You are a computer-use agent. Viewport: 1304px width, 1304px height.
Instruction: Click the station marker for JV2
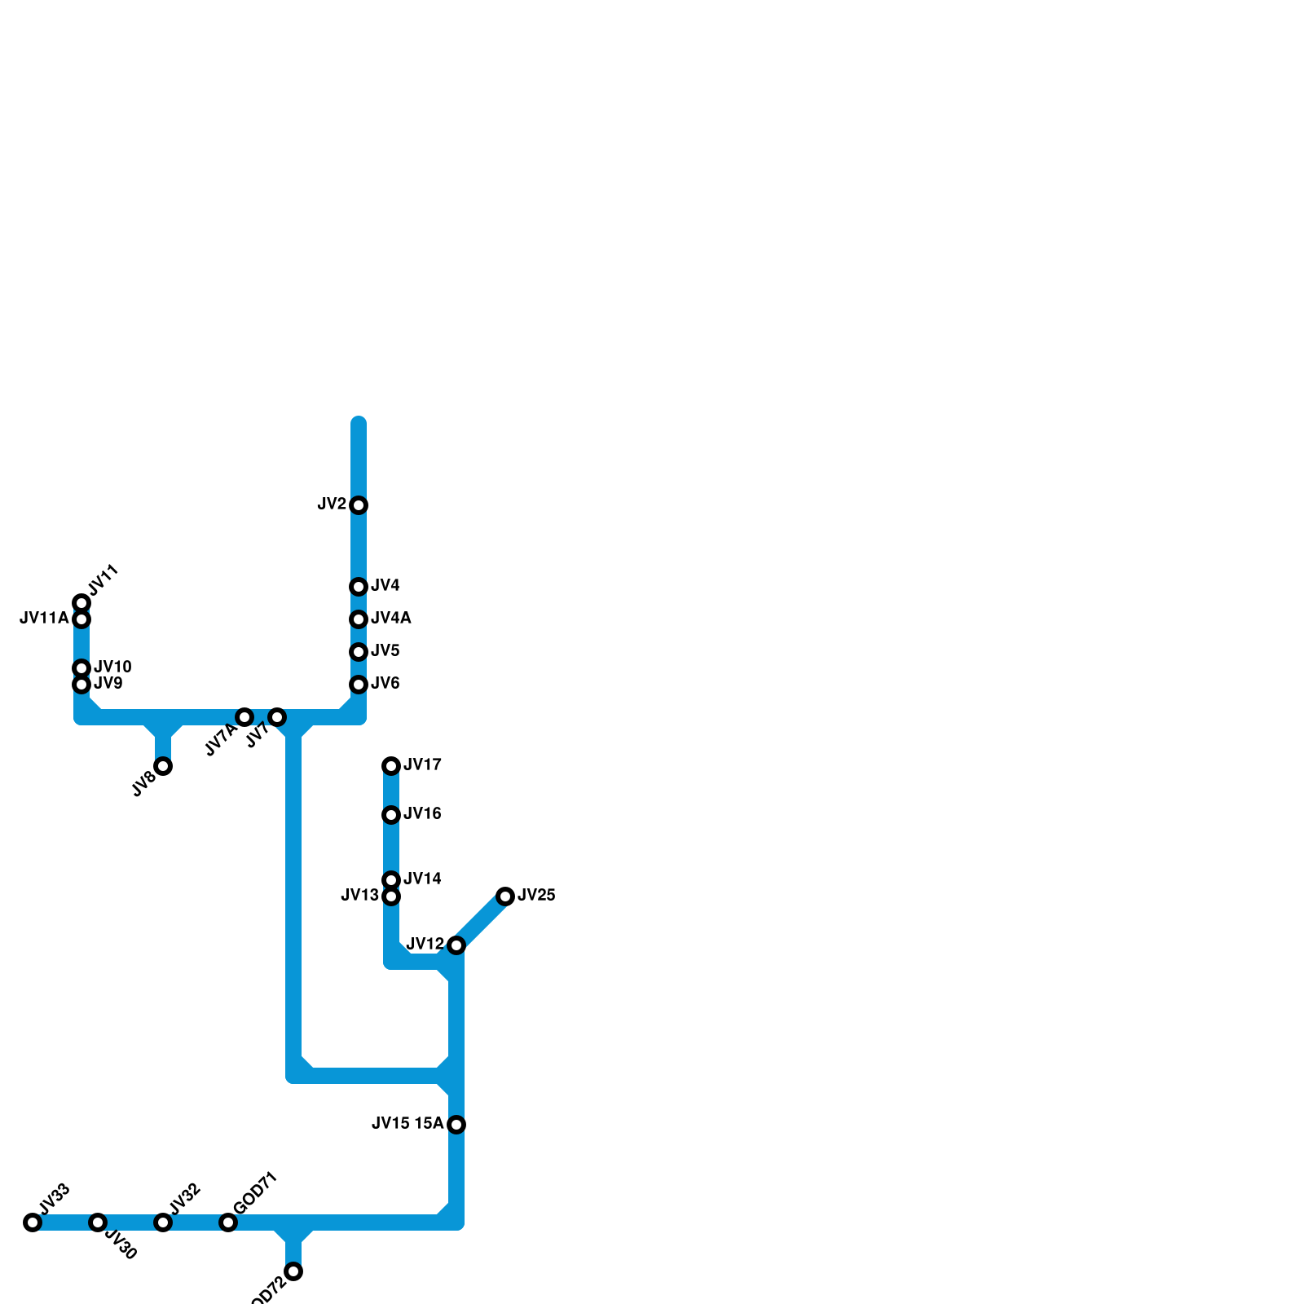tap(359, 505)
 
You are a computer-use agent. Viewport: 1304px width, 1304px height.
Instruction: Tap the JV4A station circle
tap(359, 619)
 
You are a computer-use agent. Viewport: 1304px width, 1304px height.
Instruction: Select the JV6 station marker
tap(359, 685)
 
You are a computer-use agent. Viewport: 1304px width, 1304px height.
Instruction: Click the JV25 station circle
tap(505, 896)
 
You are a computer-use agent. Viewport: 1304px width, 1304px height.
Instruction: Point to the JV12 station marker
tap(456, 945)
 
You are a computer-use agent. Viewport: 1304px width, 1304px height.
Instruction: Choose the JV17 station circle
tap(391, 766)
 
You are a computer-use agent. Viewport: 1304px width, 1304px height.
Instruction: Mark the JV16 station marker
tap(391, 815)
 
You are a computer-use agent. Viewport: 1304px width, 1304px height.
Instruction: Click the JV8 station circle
tap(163, 766)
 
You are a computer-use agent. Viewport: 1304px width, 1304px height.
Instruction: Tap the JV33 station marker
tap(33, 1222)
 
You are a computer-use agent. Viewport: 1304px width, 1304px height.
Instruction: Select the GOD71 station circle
tap(228, 1222)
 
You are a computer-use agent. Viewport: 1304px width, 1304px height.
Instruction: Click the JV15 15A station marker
tap(456, 1125)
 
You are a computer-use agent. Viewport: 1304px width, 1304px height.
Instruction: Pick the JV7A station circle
tap(244, 717)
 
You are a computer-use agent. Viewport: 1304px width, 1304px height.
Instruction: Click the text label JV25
tap(536, 896)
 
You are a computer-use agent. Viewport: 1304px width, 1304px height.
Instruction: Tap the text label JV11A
tap(44, 619)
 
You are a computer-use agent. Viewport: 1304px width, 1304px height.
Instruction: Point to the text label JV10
tap(112, 667)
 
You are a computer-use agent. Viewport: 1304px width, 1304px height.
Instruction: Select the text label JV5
tap(385, 651)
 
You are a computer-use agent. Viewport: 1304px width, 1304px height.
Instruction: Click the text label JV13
tap(359, 896)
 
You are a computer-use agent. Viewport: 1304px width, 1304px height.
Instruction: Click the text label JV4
tap(385, 586)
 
